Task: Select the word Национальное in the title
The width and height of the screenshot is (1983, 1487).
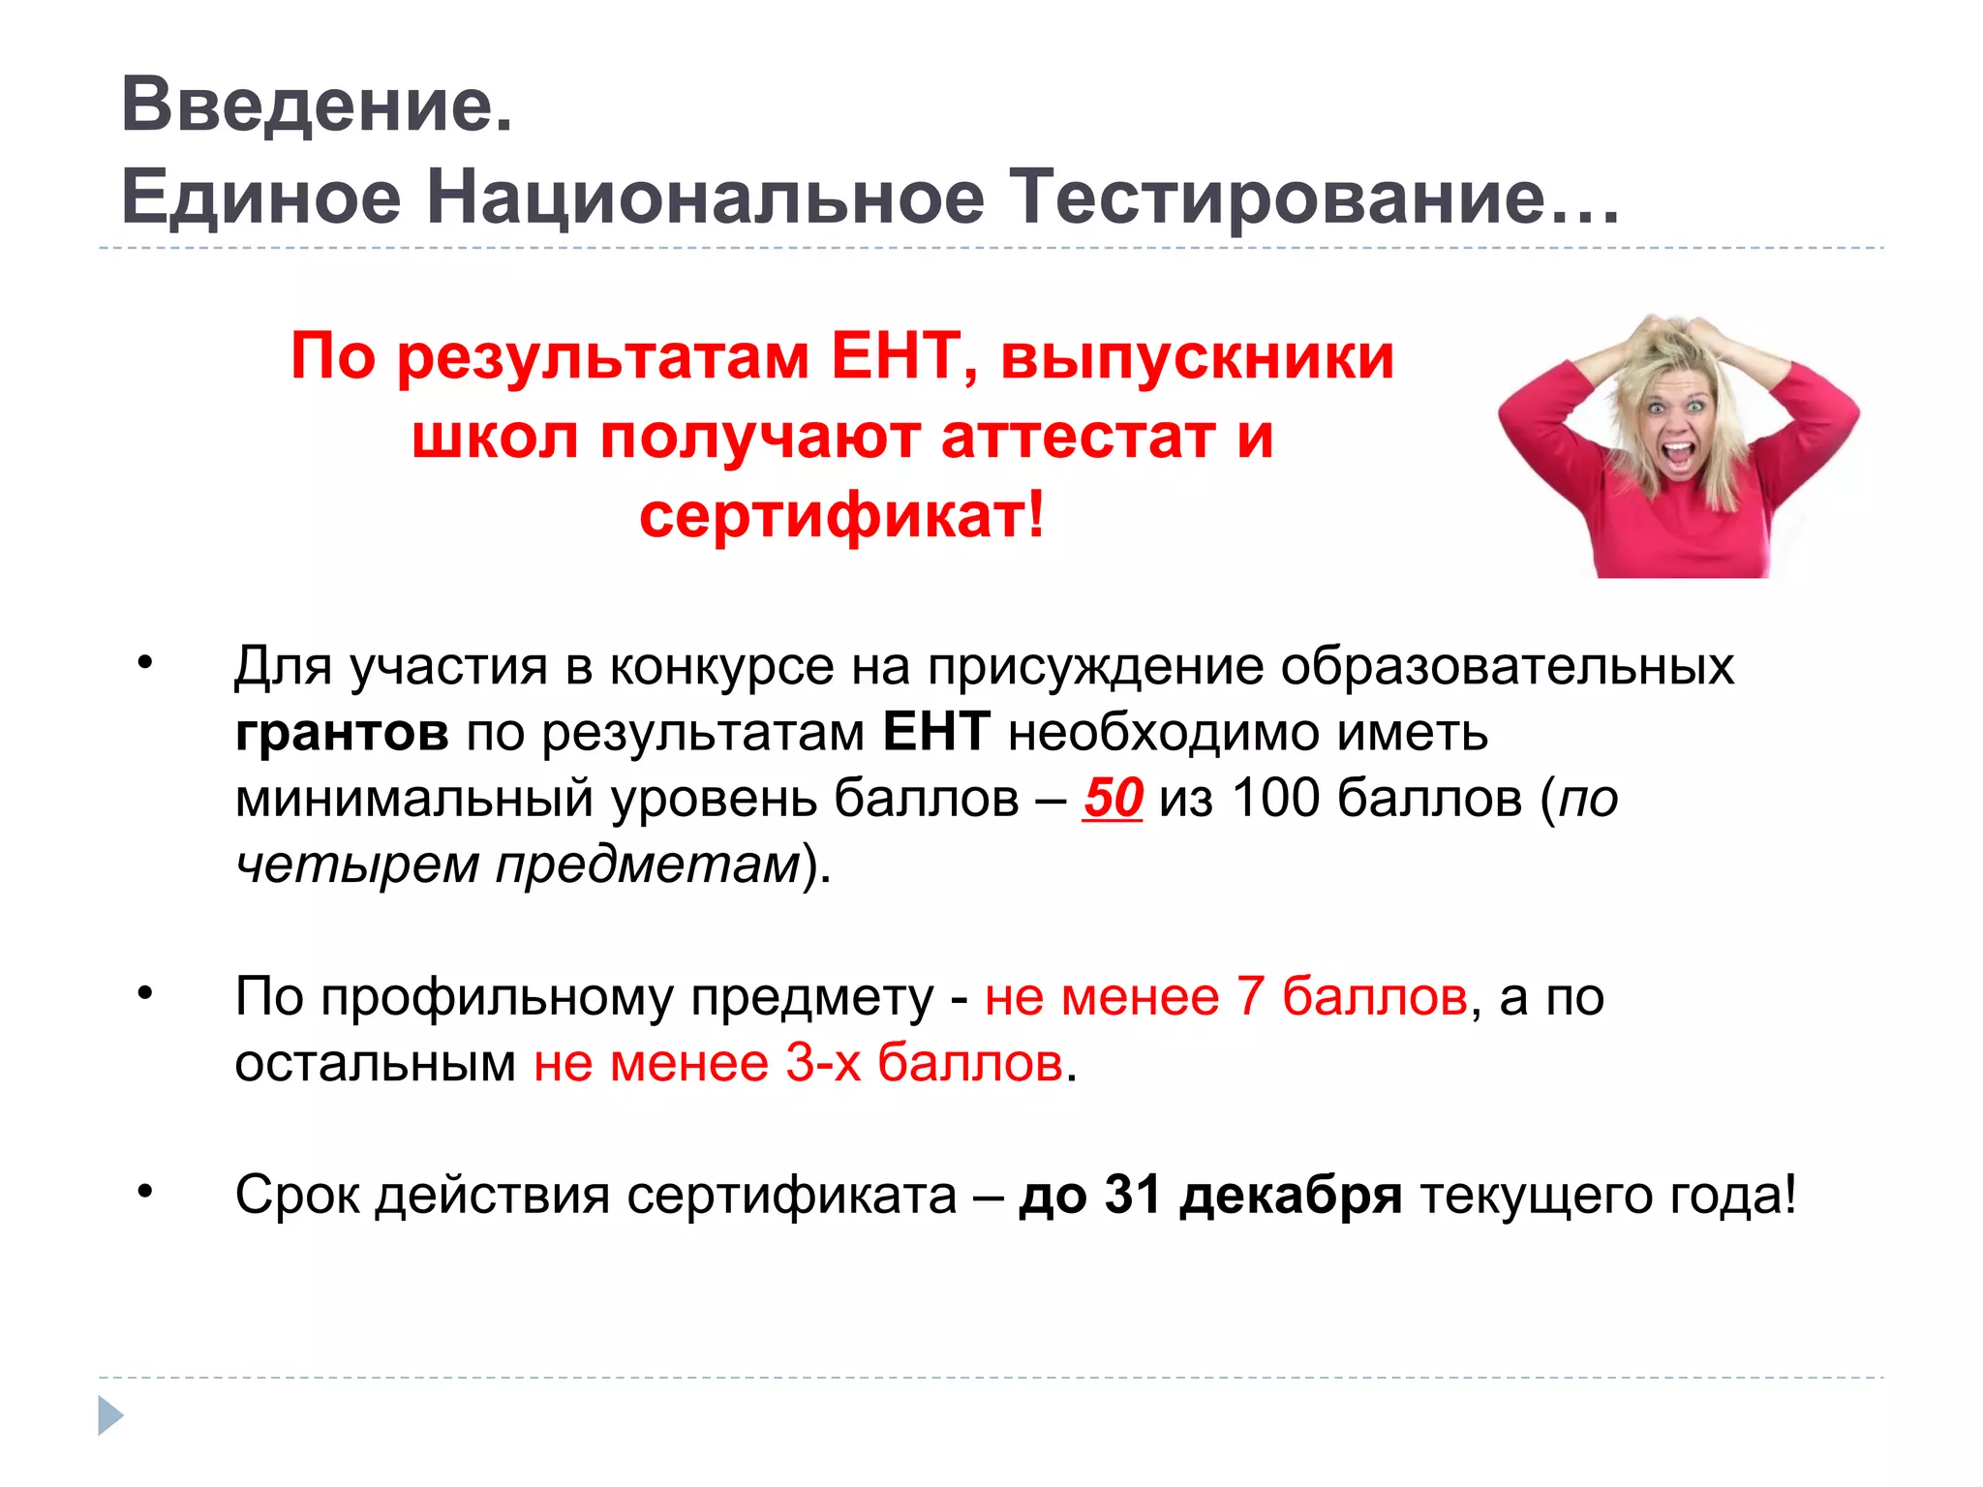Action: click(x=706, y=197)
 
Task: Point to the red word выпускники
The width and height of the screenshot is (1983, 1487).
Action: click(x=1197, y=356)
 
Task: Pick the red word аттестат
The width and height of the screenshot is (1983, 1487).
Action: click(x=1077, y=437)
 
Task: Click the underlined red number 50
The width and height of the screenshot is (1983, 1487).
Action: click(x=1113, y=799)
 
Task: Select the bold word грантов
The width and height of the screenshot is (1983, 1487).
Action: click(x=342, y=733)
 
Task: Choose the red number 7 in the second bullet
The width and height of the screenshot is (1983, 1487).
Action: click(x=1250, y=996)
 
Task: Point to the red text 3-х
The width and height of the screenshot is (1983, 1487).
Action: click(x=822, y=1063)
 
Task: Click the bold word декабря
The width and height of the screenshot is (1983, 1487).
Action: click(x=1291, y=1196)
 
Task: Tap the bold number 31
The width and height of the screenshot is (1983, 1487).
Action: click(x=1133, y=1196)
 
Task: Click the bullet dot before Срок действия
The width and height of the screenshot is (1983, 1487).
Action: click(x=145, y=1191)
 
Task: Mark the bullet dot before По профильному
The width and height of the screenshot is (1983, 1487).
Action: click(x=145, y=991)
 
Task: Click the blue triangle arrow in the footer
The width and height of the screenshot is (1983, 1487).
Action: click(x=110, y=1415)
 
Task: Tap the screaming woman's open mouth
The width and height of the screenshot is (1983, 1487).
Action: click(x=1678, y=454)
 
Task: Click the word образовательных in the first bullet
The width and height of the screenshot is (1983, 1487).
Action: click(x=1507, y=667)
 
